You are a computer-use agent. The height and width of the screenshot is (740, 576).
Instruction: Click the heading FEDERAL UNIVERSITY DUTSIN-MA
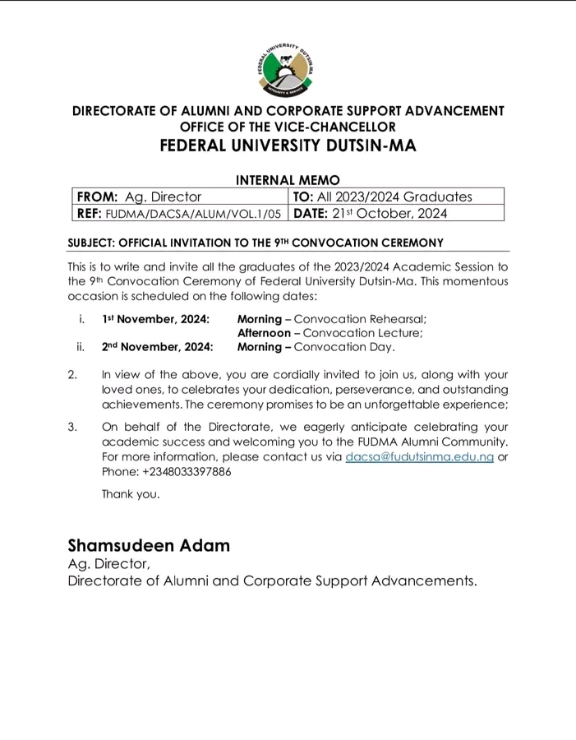[288, 146]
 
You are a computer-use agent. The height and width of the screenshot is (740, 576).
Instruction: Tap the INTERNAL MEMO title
[288, 179]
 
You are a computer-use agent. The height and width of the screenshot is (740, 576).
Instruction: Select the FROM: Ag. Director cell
[180, 197]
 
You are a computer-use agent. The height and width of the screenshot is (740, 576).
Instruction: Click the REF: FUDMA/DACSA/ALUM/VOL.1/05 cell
[180, 214]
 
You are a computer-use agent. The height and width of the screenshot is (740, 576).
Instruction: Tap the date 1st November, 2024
[155, 319]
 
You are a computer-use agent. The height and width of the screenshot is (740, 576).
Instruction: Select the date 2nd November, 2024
[157, 347]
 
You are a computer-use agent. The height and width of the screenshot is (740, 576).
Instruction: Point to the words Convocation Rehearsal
[360, 319]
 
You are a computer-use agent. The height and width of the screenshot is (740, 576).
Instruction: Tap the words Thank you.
[130, 494]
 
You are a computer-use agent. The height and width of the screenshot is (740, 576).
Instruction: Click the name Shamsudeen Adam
[149, 545]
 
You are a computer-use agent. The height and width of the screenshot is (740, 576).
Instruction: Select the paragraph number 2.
[72, 374]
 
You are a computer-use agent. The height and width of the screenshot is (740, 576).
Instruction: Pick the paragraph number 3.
[72, 427]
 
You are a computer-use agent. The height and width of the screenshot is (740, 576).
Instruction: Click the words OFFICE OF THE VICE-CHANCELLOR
[288, 127]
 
